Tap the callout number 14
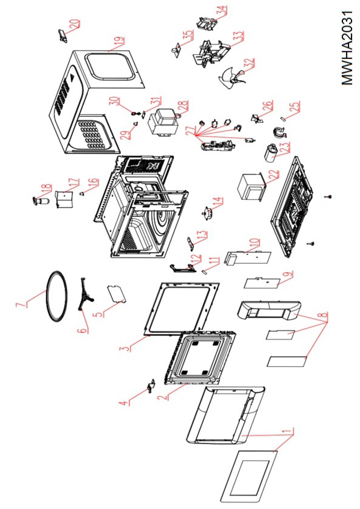pos(218,201)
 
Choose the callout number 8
pos(323,315)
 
